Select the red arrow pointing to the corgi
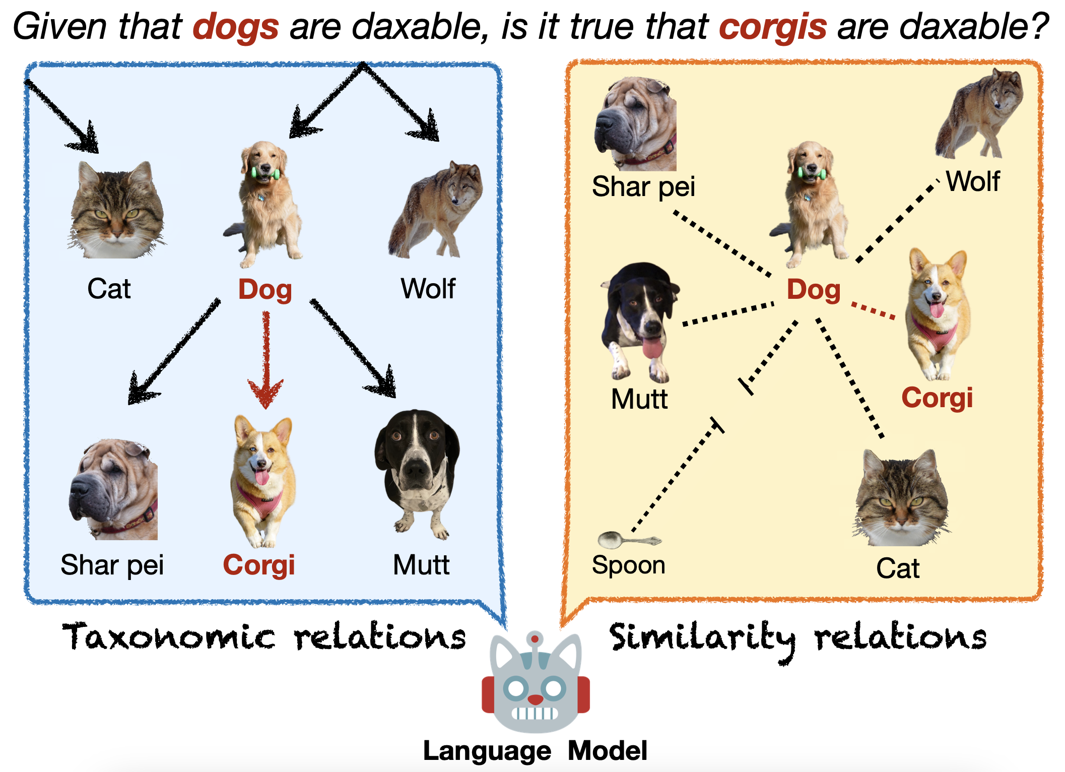click(x=266, y=360)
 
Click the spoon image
click(x=629, y=540)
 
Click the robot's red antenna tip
click(x=535, y=639)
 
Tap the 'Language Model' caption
click(x=535, y=751)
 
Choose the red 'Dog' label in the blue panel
click(x=265, y=289)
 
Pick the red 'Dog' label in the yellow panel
click(x=814, y=290)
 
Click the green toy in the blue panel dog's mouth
click(x=265, y=173)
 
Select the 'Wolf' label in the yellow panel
click(x=973, y=181)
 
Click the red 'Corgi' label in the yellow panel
click(x=937, y=398)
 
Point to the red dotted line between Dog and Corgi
click(x=873, y=310)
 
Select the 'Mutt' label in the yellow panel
click(x=639, y=399)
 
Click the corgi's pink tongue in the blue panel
click(x=262, y=477)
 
